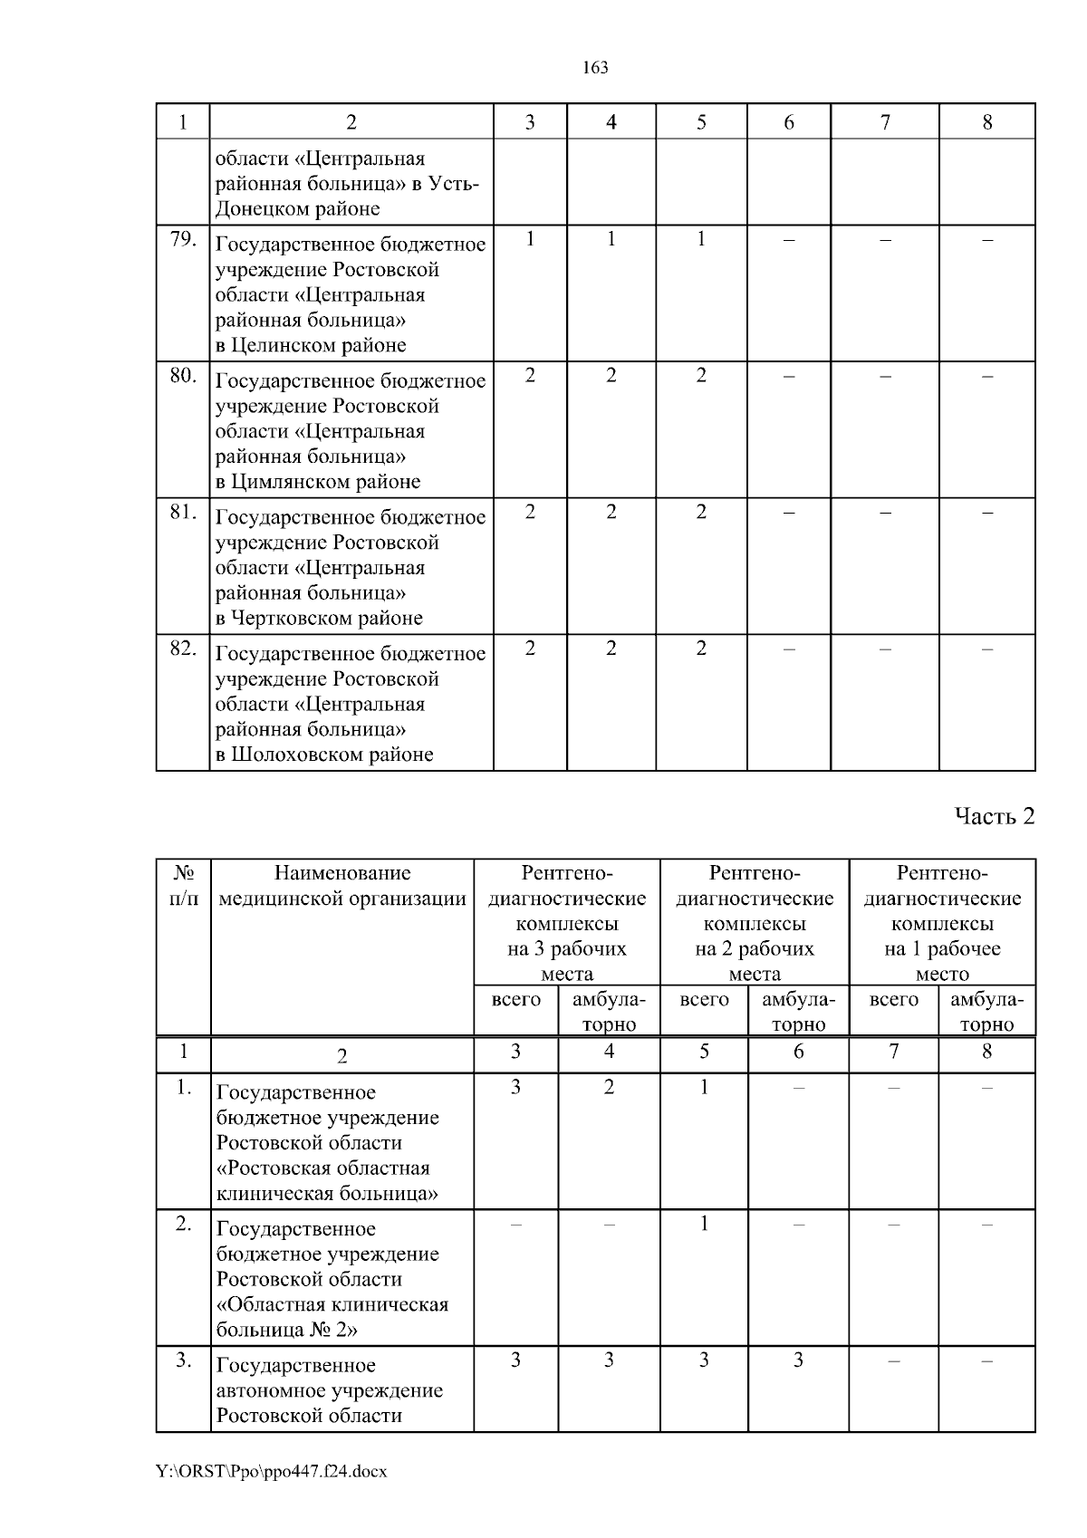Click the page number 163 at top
click(x=595, y=68)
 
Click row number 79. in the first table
click(x=183, y=239)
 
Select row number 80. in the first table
click(x=183, y=376)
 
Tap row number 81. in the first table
click(x=183, y=513)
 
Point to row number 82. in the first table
click(x=183, y=649)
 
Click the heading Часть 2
click(x=994, y=817)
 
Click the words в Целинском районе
click(x=311, y=345)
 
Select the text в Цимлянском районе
click(x=318, y=482)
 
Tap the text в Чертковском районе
click(x=319, y=619)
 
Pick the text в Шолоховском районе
click(x=324, y=755)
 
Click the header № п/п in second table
click(x=184, y=886)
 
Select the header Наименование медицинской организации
click(x=342, y=886)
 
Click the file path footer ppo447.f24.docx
click(x=272, y=1472)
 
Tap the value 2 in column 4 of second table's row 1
click(x=609, y=1087)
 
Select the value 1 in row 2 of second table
click(x=704, y=1224)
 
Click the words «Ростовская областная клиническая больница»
click(x=326, y=1180)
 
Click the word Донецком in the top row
click(x=255, y=209)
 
